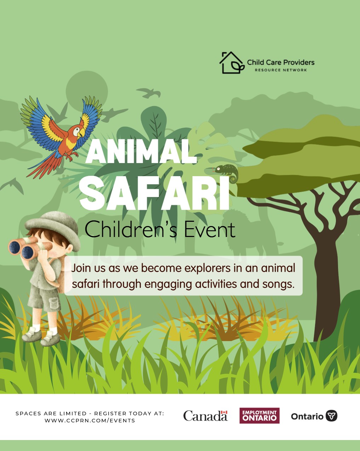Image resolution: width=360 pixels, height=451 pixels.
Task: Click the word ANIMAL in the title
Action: point(141,151)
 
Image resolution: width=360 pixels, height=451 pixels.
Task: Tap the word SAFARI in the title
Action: point(155,193)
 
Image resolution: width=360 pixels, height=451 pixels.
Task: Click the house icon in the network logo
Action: point(232,63)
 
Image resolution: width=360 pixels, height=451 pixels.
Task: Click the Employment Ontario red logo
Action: point(259,415)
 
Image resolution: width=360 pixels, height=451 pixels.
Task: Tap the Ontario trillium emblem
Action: point(331,415)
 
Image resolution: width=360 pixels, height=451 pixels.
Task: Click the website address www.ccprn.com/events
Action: point(90,420)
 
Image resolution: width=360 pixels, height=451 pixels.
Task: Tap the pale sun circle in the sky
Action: point(87,91)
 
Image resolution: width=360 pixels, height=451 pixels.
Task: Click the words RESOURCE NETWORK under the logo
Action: point(281,70)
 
